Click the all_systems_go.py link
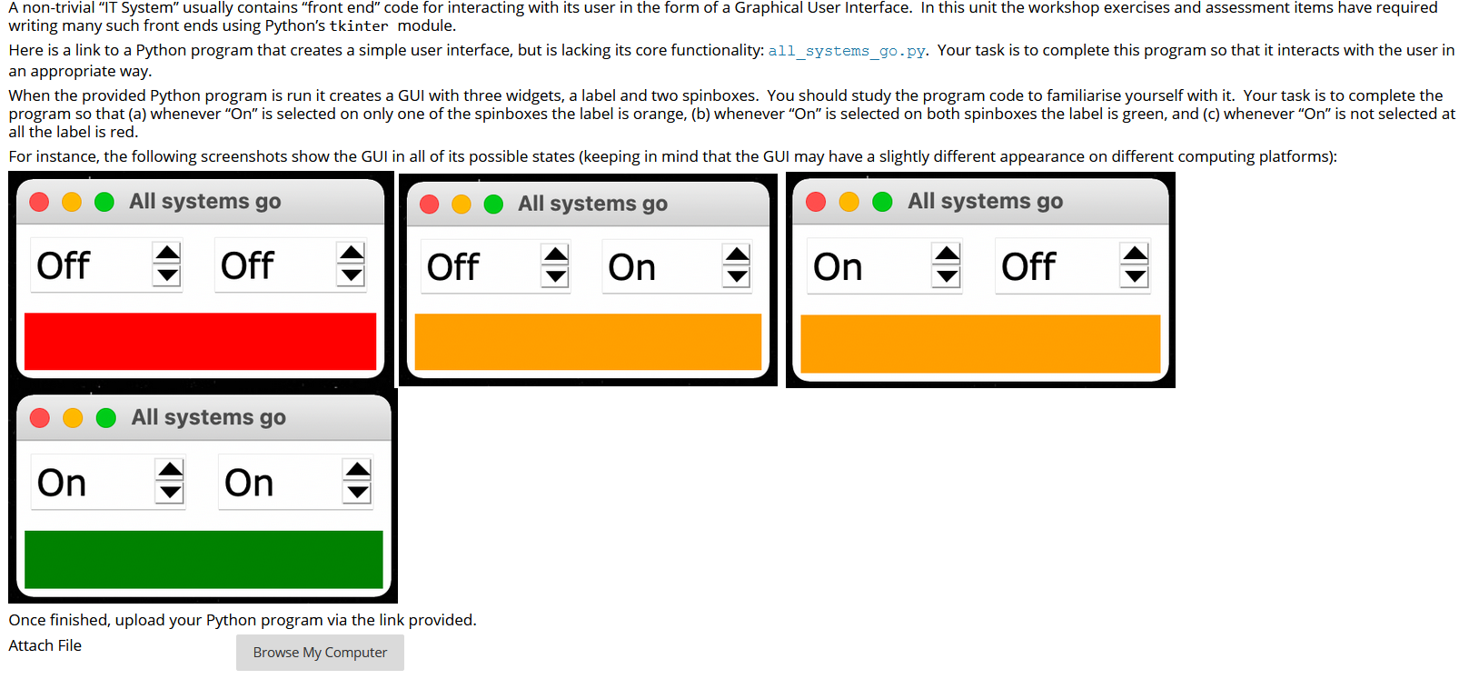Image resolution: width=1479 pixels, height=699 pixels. (847, 51)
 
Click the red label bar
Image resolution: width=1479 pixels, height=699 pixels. (200, 342)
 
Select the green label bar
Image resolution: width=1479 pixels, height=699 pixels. (203, 559)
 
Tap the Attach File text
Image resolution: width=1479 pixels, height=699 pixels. (45, 645)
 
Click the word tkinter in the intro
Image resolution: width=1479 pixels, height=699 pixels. (358, 26)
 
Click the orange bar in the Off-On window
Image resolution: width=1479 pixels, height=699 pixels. (588, 342)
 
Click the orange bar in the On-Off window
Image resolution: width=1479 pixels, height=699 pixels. (980, 344)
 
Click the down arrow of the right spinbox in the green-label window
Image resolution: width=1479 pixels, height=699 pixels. (358, 493)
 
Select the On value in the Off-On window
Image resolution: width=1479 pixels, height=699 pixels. (632, 267)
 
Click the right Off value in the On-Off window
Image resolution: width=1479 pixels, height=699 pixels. (1028, 266)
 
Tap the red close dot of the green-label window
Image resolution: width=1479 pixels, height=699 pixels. (40, 418)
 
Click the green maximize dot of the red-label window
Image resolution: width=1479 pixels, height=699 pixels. (104, 202)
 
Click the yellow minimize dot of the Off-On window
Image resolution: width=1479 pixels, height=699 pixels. (462, 205)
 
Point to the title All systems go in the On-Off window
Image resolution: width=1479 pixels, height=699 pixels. (985, 201)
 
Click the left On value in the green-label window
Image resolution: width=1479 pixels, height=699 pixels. (62, 483)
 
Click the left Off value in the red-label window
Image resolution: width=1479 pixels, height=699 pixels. (64, 265)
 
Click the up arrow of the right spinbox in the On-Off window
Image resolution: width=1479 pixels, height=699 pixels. (1135, 255)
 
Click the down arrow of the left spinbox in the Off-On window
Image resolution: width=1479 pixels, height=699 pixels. (555, 276)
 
